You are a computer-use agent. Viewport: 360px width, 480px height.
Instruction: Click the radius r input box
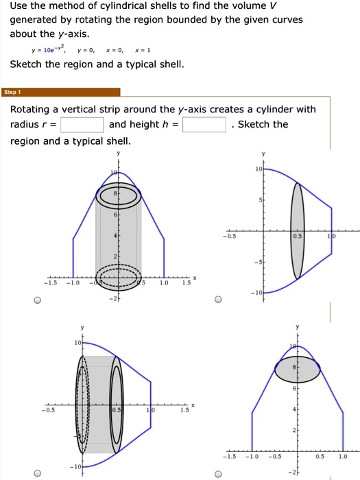point(82,124)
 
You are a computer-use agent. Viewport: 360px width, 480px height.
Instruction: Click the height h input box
point(204,124)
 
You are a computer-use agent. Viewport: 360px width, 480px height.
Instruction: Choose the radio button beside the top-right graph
point(217,300)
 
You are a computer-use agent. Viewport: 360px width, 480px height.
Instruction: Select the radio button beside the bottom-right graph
point(217,472)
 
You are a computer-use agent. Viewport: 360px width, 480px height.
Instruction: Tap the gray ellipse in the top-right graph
point(297,230)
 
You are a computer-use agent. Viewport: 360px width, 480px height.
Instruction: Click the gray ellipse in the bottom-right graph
point(297,369)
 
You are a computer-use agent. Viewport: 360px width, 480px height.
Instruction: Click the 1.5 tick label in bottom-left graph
point(182,411)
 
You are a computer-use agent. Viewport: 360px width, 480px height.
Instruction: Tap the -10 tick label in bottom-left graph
point(71,467)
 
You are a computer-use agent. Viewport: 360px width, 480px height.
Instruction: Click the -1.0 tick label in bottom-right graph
point(252,455)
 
